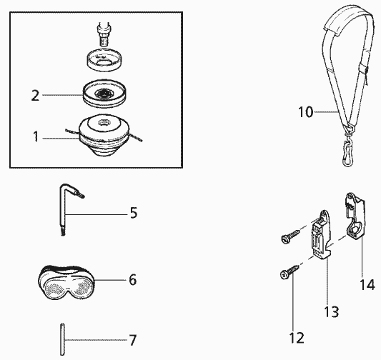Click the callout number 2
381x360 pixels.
pos(35,96)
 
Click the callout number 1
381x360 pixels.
pos(36,136)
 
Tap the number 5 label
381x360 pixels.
pos(134,213)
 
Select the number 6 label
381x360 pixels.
pos(133,280)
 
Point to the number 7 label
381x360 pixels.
pos(132,340)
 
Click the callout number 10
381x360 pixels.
pos(306,112)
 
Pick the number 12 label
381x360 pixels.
pos(297,338)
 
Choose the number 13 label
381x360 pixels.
pos(332,311)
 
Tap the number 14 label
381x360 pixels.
pos(367,284)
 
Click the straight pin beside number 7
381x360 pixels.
pos(62,339)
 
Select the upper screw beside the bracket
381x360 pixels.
pos(291,236)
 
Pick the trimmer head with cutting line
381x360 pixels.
pos(104,135)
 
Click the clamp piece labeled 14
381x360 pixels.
pos(355,214)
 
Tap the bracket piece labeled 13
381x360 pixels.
pos(320,236)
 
